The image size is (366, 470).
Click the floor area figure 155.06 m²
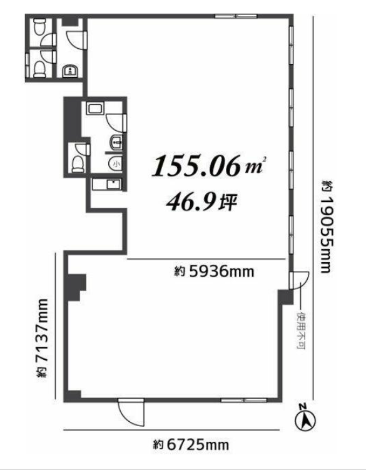coord(209,165)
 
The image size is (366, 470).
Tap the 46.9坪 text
coord(201,202)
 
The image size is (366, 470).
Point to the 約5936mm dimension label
coord(214,272)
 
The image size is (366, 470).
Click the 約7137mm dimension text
coord(42,338)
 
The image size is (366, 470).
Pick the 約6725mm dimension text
coord(191,444)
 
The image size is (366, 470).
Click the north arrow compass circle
coord(305,421)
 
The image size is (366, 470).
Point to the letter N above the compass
coord(303,406)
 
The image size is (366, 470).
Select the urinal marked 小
coord(115,163)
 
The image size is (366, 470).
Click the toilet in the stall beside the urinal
coord(78,164)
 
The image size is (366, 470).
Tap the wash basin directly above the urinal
coord(116,143)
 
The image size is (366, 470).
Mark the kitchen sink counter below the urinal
coord(107,185)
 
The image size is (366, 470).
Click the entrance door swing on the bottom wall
coord(131,412)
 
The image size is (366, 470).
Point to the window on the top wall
coord(236,16)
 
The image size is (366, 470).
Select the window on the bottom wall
coord(244,400)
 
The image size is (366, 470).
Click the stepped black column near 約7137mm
coord(75,287)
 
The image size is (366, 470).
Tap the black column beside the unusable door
coord(285,297)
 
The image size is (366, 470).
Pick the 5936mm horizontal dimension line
coord(206,258)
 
